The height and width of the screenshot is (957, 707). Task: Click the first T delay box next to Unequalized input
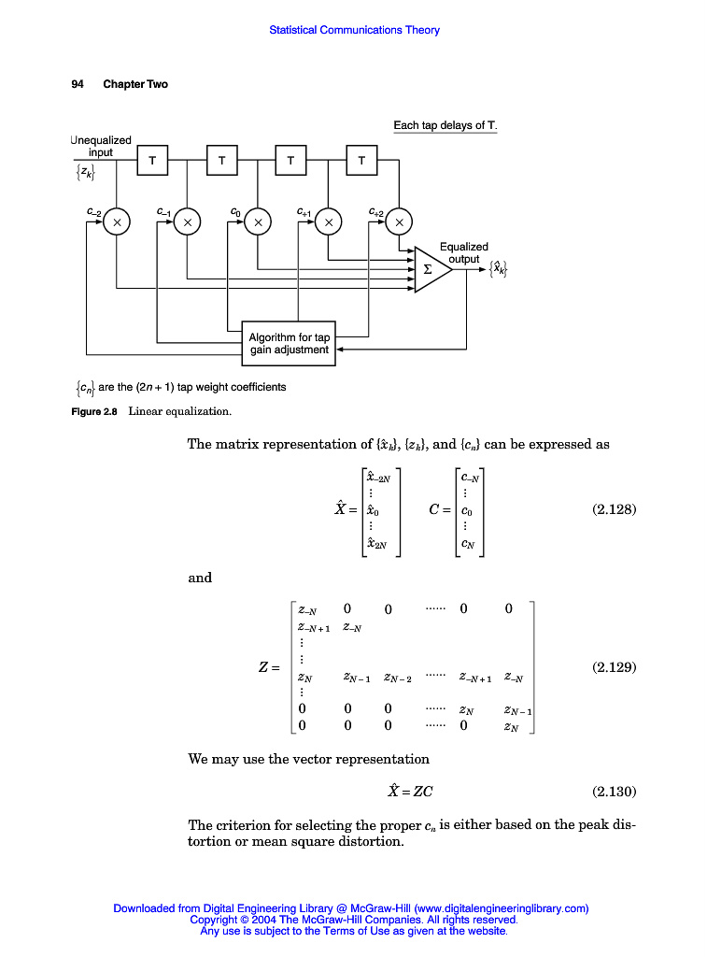tap(151, 161)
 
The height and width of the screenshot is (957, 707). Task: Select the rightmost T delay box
tap(361, 161)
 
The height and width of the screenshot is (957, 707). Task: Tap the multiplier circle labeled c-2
tap(117, 222)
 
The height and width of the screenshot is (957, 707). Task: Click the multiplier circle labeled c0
tap(258, 222)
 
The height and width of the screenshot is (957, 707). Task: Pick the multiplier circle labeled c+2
tap(399, 222)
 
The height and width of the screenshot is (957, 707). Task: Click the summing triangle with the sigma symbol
tap(431, 269)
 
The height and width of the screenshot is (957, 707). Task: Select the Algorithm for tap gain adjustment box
tap(289, 343)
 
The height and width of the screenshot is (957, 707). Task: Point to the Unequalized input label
tap(101, 146)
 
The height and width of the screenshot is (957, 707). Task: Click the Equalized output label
tap(463, 253)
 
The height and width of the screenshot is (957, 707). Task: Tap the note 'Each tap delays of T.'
tap(445, 125)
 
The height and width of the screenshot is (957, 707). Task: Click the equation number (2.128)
tap(614, 510)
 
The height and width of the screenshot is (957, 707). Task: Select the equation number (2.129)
tap(614, 667)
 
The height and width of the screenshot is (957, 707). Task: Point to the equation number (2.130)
tap(614, 792)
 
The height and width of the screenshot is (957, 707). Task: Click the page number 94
tap(78, 84)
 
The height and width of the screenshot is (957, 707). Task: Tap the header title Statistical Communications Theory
tap(354, 30)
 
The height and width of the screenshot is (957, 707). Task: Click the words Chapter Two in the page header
tap(135, 84)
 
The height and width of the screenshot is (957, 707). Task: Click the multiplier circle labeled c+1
tap(329, 222)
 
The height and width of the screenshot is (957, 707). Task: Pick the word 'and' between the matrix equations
tap(200, 578)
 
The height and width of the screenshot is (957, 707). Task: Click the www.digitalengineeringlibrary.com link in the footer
tap(501, 907)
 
